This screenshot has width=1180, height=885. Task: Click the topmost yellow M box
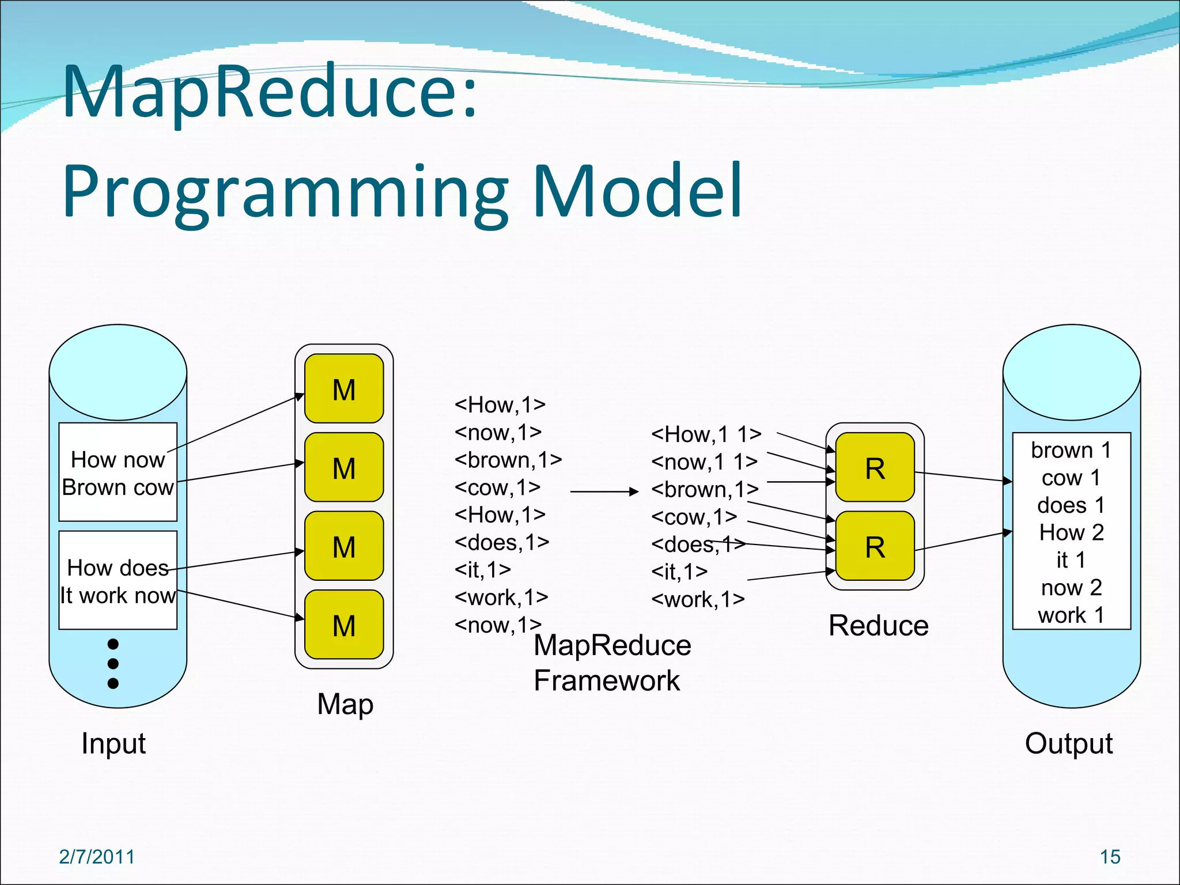(x=344, y=389)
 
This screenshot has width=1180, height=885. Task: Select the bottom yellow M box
(x=344, y=625)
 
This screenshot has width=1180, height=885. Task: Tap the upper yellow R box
(x=875, y=467)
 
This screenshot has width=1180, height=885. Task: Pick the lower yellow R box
(x=875, y=546)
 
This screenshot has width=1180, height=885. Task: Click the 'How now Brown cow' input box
(x=118, y=472)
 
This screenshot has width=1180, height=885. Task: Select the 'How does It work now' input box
(x=118, y=581)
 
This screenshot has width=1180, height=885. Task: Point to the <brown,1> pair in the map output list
(x=508, y=460)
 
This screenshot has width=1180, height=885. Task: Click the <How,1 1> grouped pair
(x=706, y=434)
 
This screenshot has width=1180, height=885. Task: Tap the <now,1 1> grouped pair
(x=704, y=462)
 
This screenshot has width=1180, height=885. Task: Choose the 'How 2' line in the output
(x=1071, y=532)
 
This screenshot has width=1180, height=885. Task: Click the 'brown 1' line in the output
(x=1071, y=450)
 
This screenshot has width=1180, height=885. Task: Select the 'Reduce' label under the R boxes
(x=878, y=626)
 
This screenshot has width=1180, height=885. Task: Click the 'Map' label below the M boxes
(x=345, y=704)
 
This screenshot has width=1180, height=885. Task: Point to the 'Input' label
(x=114, y=743)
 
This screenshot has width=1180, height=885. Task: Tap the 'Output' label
(x=1068, y=743)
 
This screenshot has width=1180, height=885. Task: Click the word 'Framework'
(x=607, y=680)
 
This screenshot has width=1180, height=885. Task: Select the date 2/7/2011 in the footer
(x=96, y=857)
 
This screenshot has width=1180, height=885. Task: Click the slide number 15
(x=1110, y=857)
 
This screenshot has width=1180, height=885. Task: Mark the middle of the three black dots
(x=113, y=663)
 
